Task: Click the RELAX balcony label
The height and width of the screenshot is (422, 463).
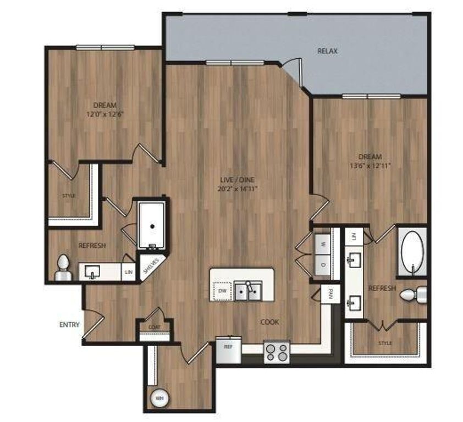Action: coord(327,51)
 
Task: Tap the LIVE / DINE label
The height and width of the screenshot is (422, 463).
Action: coord(238,180)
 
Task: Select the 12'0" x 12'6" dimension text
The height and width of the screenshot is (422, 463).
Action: coord(104,114)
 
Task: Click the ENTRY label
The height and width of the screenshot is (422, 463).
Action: coord(70,325)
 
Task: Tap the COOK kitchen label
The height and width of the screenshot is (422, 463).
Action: coord(269,322)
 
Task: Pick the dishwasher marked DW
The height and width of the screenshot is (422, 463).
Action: coord(222,291)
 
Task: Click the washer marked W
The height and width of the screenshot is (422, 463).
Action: coord(323,243)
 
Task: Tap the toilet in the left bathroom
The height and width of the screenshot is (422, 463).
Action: coord(63,267)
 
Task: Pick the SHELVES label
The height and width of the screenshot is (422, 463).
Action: coord(151,265)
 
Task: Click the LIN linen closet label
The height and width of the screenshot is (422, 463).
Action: coord(128,271)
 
